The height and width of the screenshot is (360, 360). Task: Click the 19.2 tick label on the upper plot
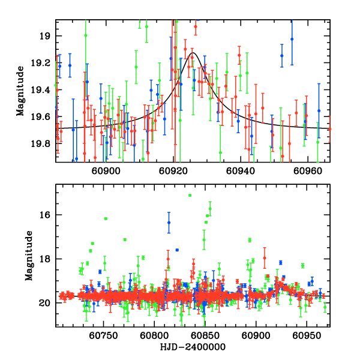coord(44,63)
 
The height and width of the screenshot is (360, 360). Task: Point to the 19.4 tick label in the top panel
coord(44,90)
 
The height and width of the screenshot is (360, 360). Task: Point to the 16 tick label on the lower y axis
coord(47,215)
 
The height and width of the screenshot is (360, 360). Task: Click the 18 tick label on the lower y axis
coord(47,259)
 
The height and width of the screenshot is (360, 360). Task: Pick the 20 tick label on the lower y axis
coord(47,303)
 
